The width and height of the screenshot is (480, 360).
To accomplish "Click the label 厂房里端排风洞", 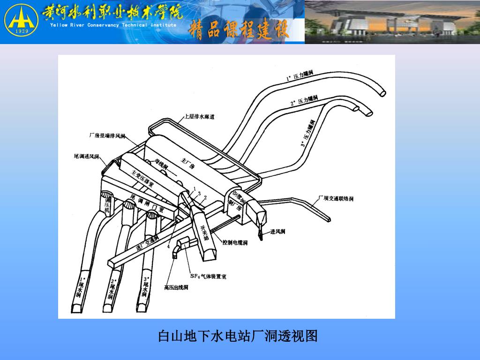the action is pyautogui.click(x=107, y=136).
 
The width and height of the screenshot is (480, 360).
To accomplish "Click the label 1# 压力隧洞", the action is pyautogui.click(x=300, y=76).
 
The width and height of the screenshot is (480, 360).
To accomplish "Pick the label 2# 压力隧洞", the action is pyautogui.click(x=304, y=100).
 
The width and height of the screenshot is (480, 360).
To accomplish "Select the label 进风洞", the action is pyautogui.click(x=277, y=232).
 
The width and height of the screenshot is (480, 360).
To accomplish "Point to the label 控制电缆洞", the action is pyautogui.click(x=235, y=242).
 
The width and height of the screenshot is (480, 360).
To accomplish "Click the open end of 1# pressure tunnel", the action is pyautogui.click(x=383, y=93).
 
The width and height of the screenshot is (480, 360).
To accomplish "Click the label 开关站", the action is pyautogui.click(x=204, y=232).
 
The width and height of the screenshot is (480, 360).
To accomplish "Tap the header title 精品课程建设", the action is pyautogui.click(x=240, y=30).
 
